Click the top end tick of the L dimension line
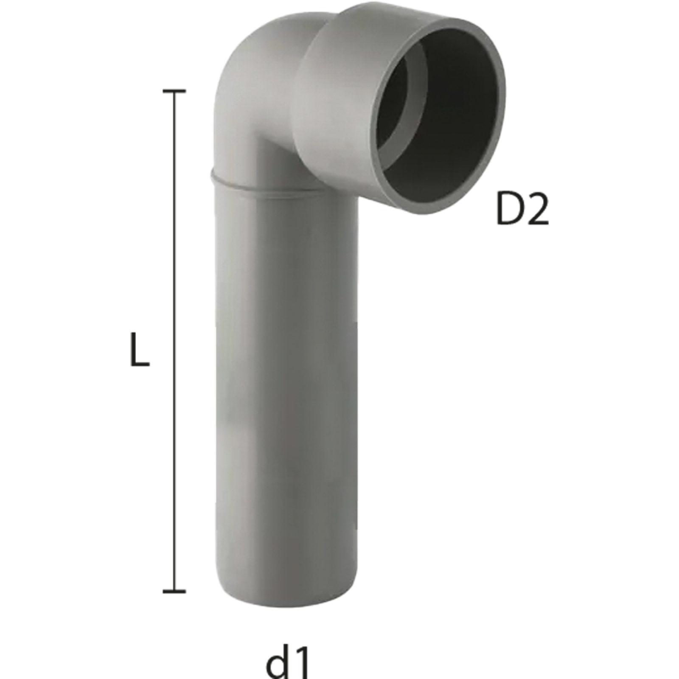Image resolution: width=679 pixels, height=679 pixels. pos(174,91)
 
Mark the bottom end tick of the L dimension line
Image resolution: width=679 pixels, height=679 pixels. pos(174,590)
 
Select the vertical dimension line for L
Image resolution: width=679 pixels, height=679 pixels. pos(174,339)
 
